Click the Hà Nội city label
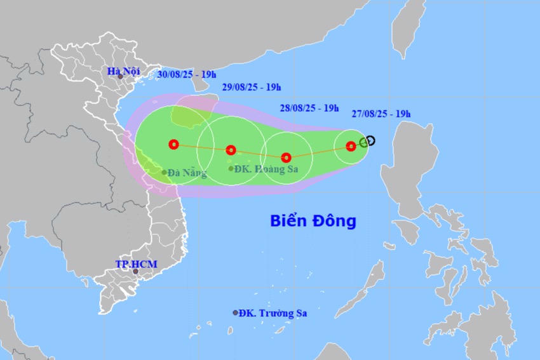point(123,72)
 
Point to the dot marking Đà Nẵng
point(164,172)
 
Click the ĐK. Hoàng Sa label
point(266,169)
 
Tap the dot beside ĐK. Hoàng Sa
point(231,169)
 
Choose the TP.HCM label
point(136,263)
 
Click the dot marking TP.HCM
point(135,272)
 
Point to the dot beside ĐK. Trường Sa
point(235,312)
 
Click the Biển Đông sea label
point(313,221)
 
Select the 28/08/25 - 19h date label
point(309,108)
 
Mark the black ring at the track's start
point(370,140)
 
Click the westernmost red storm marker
point(173,144)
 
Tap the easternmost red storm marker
point(351,147)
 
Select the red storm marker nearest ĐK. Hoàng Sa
point(231,150)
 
